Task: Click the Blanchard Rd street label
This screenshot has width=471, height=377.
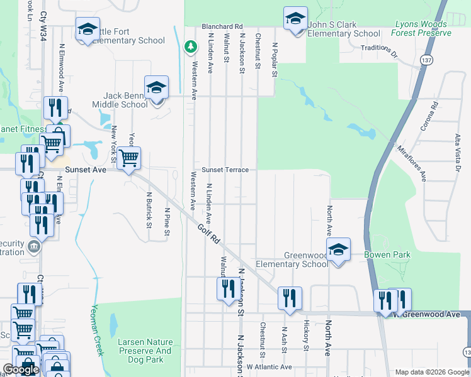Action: pos(222,27)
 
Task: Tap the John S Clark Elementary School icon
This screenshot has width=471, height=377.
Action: pos(295,19)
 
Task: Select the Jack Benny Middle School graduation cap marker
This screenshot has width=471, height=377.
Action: pos(156,88)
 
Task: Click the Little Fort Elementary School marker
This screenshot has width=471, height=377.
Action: pos(88,29)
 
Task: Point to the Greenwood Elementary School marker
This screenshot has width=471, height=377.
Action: pos(338,251)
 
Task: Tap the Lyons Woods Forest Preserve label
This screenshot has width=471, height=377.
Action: pos(422,29)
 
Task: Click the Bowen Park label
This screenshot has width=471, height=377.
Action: pos(387,255)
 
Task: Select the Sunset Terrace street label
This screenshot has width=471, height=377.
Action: pos(225,170)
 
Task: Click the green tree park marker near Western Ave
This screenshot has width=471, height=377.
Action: pos(190,47)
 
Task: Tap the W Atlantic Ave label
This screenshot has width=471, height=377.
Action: pos(269,367)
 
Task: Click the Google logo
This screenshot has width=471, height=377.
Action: pos(21,369)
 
